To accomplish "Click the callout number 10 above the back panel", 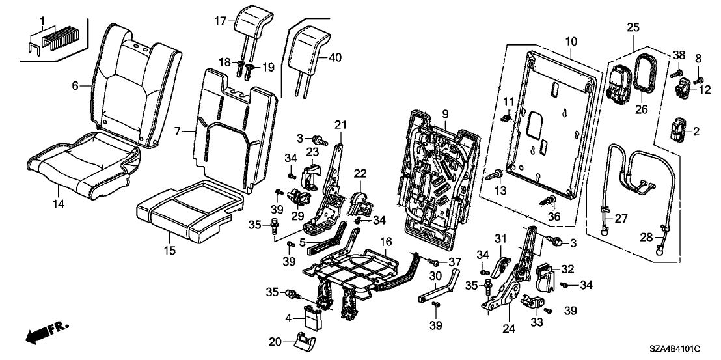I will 570,42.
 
